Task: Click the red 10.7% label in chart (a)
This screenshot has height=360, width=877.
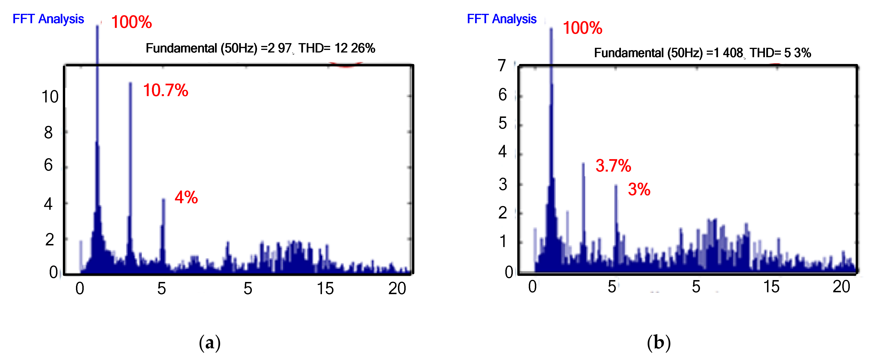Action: tap(166, 90)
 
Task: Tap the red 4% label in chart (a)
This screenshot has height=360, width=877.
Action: tap(186, 197)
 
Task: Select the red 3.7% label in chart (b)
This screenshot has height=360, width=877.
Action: tap(613, 166)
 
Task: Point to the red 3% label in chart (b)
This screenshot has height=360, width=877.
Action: tap(639, 190)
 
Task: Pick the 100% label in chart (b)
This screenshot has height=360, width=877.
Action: tap(582, 28)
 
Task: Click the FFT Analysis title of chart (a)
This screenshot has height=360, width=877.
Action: tap(48, 19)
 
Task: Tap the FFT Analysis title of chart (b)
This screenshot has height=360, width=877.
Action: tap(502, 19)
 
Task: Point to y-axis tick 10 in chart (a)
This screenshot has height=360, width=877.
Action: tap(50, 97)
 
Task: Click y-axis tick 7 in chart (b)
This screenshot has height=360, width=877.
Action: tap(502, 65)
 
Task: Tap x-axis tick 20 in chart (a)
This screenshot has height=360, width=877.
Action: tap(397, 289)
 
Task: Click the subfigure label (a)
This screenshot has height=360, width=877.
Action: tap(210, 343)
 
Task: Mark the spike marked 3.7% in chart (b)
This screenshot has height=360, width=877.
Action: tap(583, 204)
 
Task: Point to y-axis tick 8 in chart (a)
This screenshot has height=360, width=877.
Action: tap(48, 132)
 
